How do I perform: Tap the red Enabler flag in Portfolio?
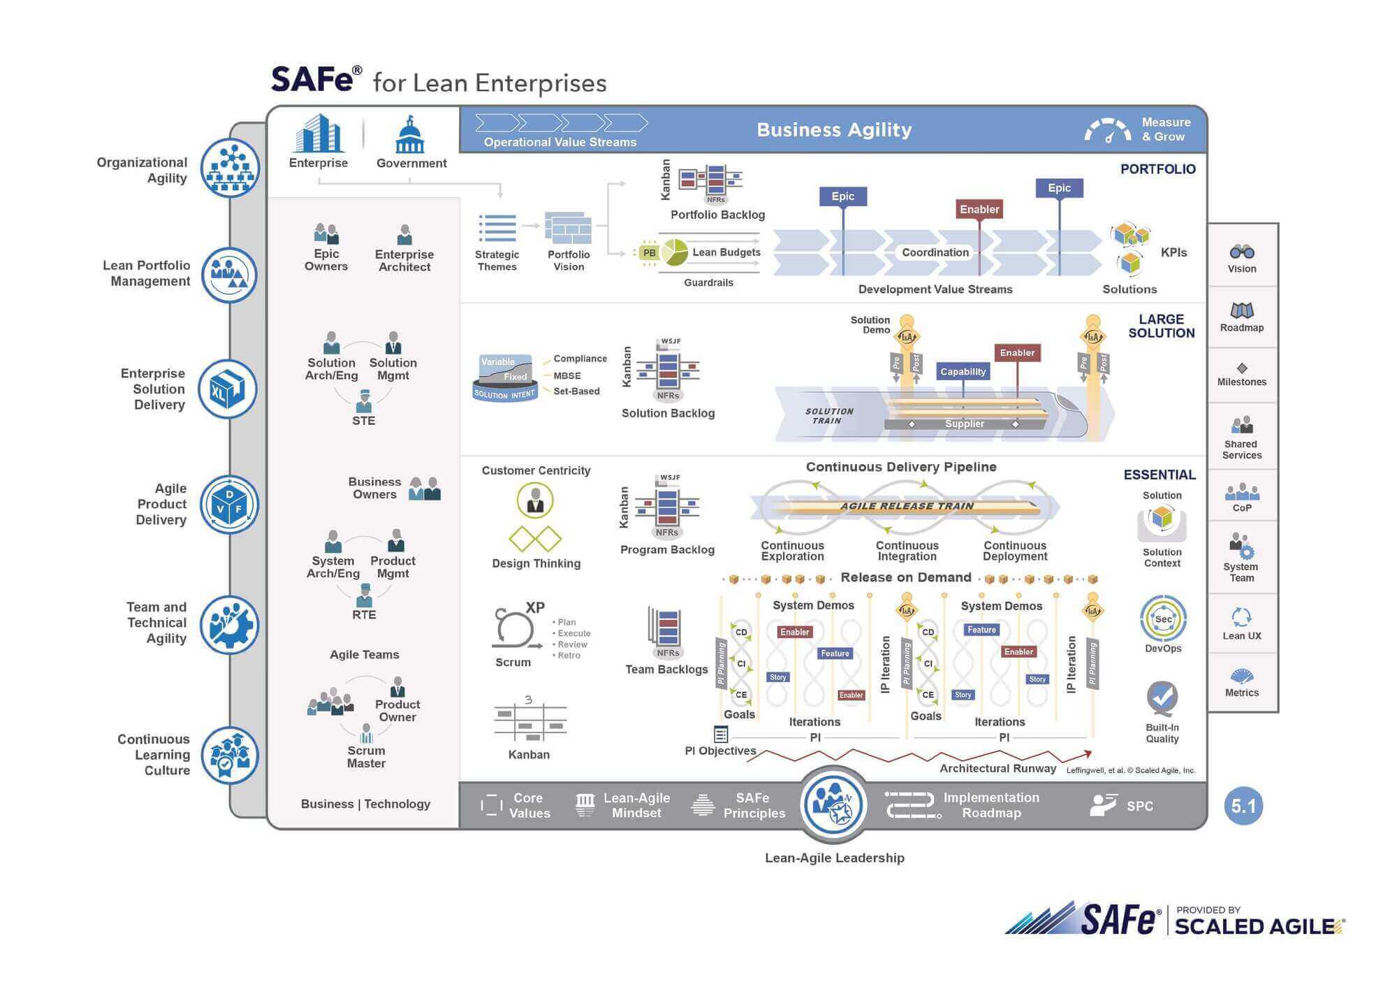(x=979, y=209)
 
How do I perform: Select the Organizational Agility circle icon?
(x=230, y=168)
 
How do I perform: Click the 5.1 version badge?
(x=1243, y=806)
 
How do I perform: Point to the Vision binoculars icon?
(x=1242, y=252)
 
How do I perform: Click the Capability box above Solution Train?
(x=963, y=371)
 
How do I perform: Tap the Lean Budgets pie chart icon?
(x=674, y=252)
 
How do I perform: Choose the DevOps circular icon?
(x=1163, y=619)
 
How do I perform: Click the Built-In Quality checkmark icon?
(x=1162, y=698)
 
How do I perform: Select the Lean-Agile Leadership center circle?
(x=834, y=804)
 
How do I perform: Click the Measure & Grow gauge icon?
(x=1108, y=131)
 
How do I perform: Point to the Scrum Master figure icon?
(x=366, y=733)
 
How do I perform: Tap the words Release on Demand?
(x=905, y=577)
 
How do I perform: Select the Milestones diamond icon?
(x=1242, y=368)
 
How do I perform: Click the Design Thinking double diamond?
(x=535, y=539)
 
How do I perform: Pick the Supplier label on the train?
(x=964, y=424)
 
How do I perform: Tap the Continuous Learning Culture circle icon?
(x=230, y=756)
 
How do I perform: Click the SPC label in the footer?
(x=1139, y=806)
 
